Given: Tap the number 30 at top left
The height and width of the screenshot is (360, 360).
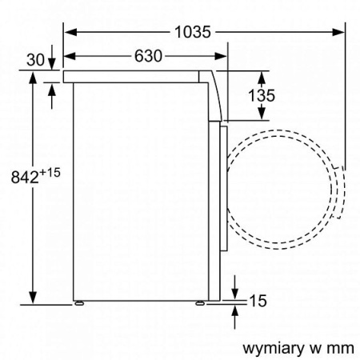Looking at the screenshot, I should (x=34, y=58).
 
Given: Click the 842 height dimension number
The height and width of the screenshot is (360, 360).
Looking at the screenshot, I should (x=24, y=178).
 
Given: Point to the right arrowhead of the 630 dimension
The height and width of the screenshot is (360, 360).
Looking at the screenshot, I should (x=224, y=56).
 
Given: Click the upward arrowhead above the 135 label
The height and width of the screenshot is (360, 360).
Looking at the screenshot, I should (x=262, y=76).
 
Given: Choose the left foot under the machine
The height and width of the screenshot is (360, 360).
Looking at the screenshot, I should (x=79, y=305).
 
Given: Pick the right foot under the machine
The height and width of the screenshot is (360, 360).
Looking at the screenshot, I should (x=200, y=305).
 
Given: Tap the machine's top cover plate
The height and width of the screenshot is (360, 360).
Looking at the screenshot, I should (x=136, y=75).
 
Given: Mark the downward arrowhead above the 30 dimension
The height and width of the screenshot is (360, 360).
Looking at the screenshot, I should (x=52, y=66).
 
